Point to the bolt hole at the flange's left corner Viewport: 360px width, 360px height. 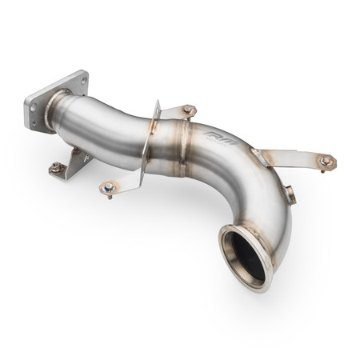click(x=33, y=102)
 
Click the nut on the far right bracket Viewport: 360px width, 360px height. click(x=326, y=161)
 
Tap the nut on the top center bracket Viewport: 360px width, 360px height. click(x=188, y=110)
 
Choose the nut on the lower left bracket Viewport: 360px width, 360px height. click(x=55, y=167)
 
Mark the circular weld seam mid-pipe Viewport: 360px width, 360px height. click(x=181, y=148)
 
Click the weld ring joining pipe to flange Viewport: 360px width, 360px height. click(x=57, y=111)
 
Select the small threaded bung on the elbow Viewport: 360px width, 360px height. click(x=289, y=194)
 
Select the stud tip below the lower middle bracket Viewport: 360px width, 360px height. click(x=110, y=197)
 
